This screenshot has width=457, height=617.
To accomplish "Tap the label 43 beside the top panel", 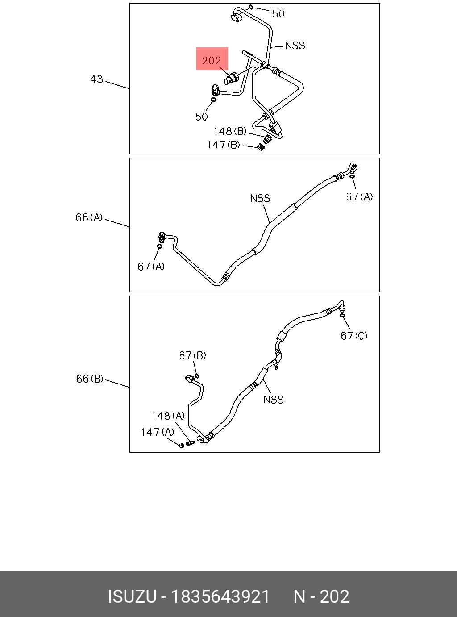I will [96, 79].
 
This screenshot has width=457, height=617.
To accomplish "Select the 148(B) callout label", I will [230, 131].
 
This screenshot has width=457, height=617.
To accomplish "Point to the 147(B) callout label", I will [223, 145].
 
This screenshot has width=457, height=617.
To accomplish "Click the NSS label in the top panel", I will [295, 46].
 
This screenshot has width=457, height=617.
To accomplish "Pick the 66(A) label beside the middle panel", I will [89, 218].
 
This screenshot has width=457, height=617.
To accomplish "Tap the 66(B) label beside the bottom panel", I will [90, 379].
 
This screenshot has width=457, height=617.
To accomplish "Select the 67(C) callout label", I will [354, 336].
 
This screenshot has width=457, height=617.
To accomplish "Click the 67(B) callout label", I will [192, 355].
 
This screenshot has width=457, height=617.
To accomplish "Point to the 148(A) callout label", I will [168, 416].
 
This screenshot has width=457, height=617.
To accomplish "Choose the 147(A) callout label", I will [158, 432].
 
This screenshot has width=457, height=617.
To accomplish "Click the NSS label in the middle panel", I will [260, 198].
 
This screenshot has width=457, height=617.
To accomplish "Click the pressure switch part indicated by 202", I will [231, 79].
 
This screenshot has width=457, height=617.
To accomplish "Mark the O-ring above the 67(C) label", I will [342, 316].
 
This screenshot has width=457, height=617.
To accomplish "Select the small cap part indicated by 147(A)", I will [181, 445].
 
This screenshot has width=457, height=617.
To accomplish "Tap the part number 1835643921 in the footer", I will [221, 596].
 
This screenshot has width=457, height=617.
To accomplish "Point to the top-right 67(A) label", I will [359, 196].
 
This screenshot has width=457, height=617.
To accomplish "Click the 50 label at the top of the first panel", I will [278, 14].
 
